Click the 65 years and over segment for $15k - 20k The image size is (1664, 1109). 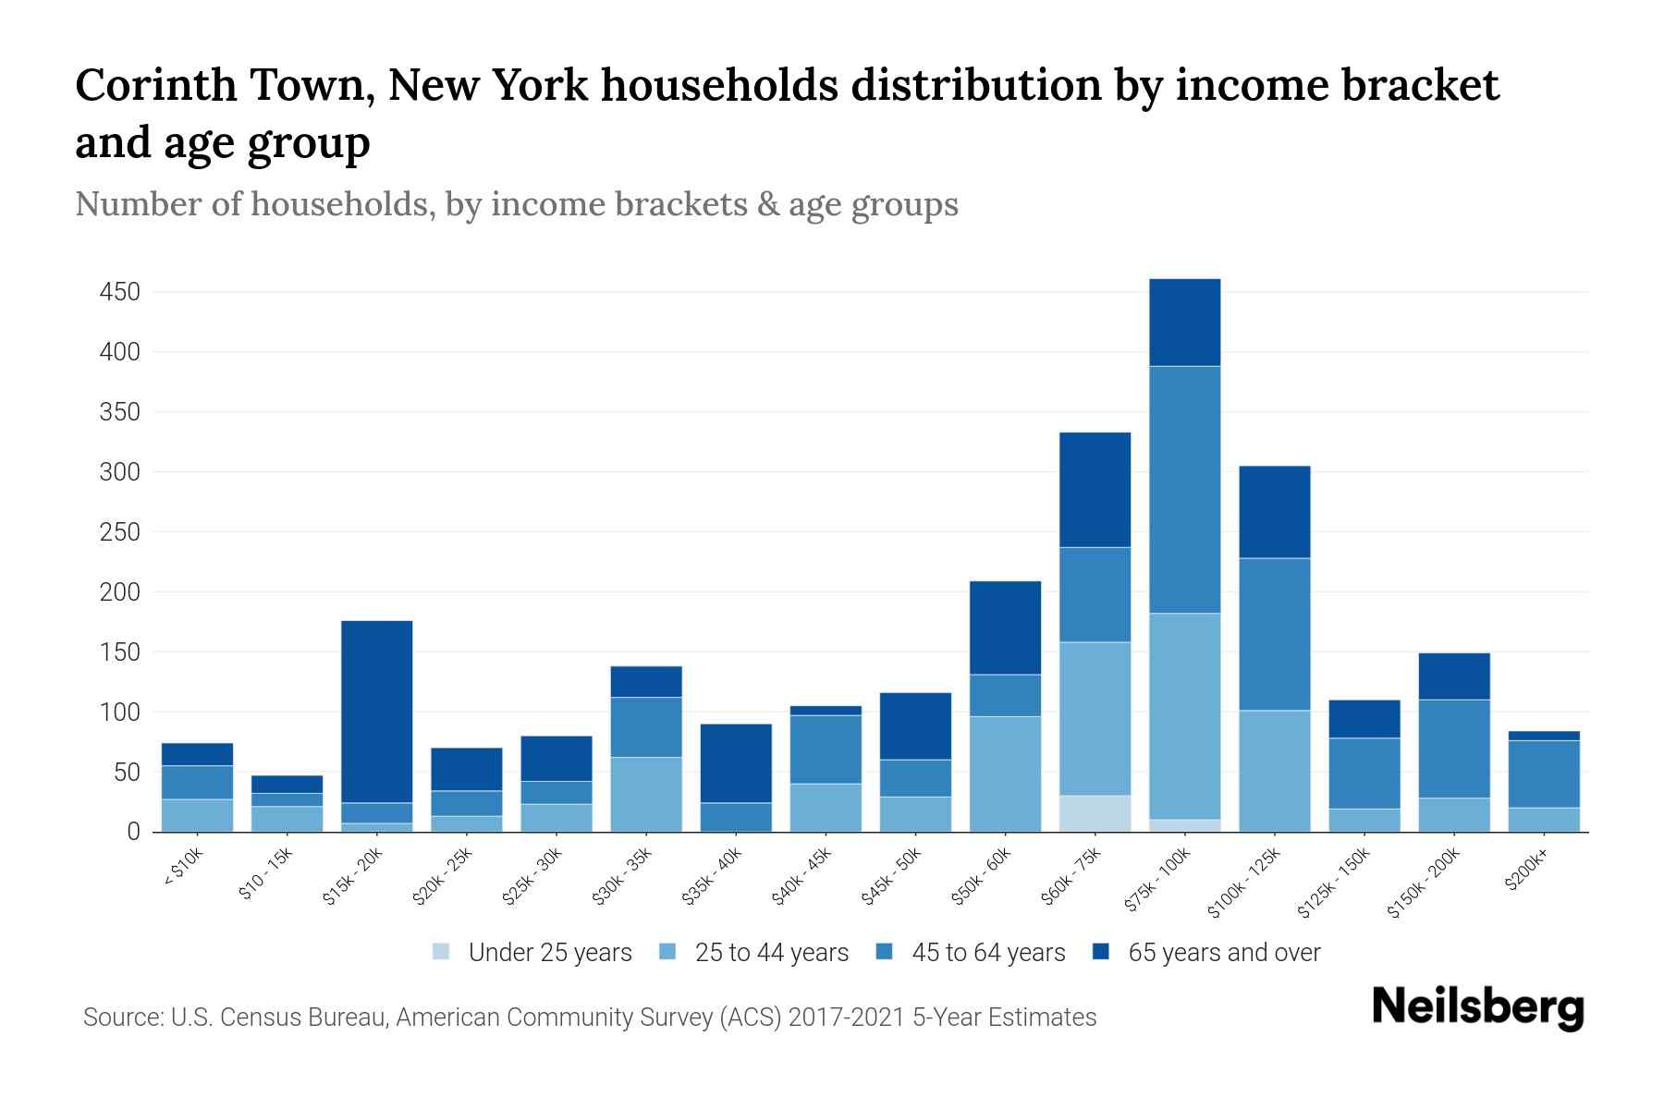click(x=376, y=711)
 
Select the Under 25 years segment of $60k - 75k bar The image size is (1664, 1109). click(x=1095, y=813)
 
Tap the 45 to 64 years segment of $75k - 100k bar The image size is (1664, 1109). click(x=1184, y=489)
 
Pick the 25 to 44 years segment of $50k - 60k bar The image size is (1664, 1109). click(x=1005, y=774)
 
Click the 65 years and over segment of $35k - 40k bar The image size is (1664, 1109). click(x=736, y=762)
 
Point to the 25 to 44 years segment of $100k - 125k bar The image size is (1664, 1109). click(x=1274, y=771)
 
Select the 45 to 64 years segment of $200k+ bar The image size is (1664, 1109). click(x=1544, y=774)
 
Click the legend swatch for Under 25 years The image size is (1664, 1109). click(x=442, y=952)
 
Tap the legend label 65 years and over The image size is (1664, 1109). click(x=1223, y=952)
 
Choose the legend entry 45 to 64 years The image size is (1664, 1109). click(x=987, y=952)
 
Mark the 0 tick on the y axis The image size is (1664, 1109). click(x=133, y=832)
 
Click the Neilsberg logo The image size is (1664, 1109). click(x=1477, y=1007)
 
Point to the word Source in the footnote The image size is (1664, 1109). click(x=120, y=1018)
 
